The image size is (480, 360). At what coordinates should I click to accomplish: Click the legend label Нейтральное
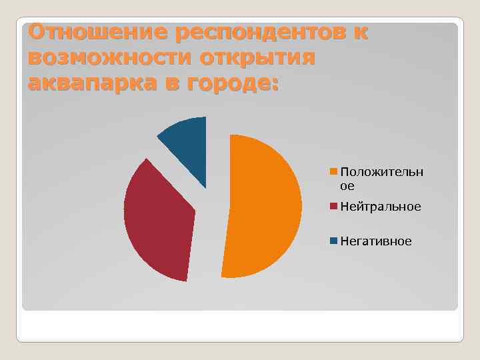381,207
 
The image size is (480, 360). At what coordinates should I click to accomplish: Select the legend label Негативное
376,241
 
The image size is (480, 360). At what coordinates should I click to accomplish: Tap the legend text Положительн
381,172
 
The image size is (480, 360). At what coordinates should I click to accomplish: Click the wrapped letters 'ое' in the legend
347,186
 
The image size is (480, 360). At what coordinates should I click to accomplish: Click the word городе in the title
223,85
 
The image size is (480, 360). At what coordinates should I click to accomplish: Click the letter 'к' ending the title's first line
361,33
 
